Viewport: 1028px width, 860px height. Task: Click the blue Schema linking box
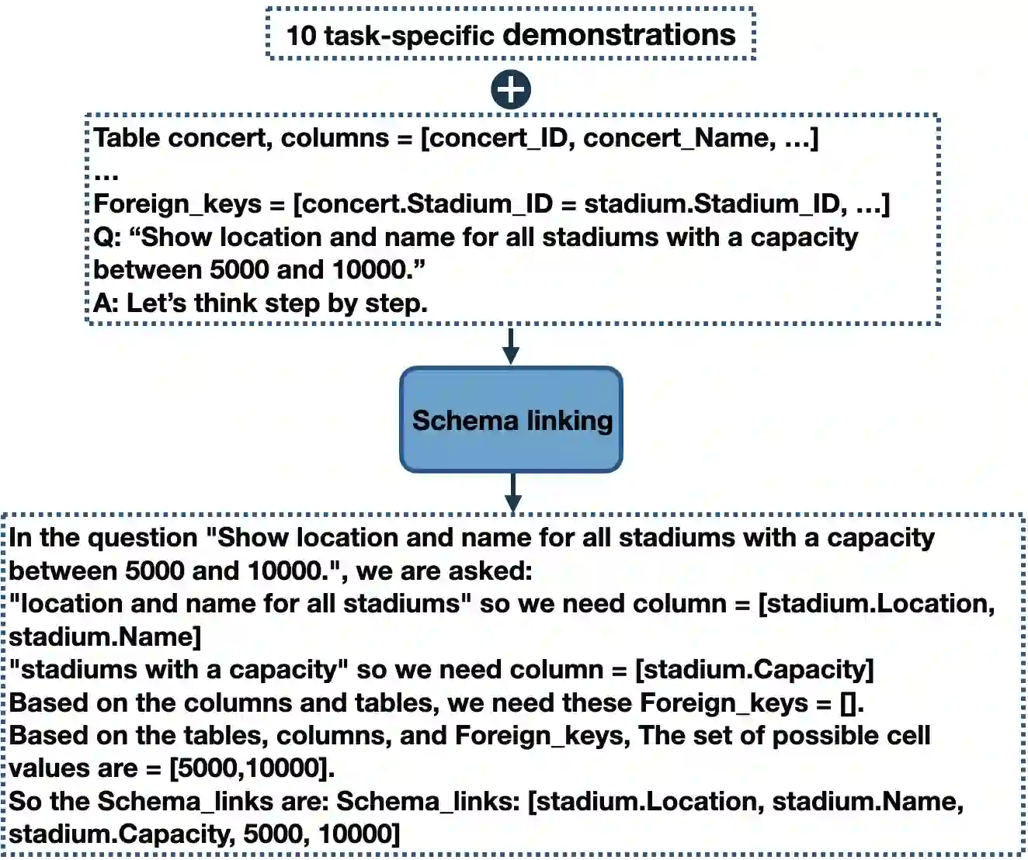coord(511,420)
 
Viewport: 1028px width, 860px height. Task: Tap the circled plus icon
coord(511,89)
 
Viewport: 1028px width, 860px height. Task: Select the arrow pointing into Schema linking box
coord(511,346)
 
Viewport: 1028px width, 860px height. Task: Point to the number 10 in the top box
coord(301,36)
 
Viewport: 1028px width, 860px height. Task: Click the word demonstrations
coord(619,35)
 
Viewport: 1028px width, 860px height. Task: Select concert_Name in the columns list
coord(678,138)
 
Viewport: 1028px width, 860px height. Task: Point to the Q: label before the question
coord(107,238)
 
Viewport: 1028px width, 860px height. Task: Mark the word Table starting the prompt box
coord(127,138)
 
